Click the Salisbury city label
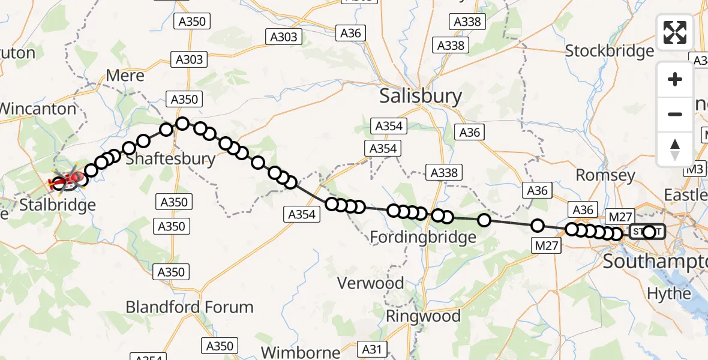click(421, 96)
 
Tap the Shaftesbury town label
click(170, 159)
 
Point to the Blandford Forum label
click(190, 307)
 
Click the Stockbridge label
click(610, 51)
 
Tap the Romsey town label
click(605, 175)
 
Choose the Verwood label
click(370, 283)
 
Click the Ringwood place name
click(424, 316)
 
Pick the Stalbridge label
click(58, 205)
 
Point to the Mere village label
click(125, 76)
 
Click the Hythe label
click(668, 294)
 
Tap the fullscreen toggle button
click(675, 32)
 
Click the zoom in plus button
click(675, 79)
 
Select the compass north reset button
click(675, 149)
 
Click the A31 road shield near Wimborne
click(371, 348)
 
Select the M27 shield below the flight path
click(546, 245)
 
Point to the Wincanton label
click(38, 109)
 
